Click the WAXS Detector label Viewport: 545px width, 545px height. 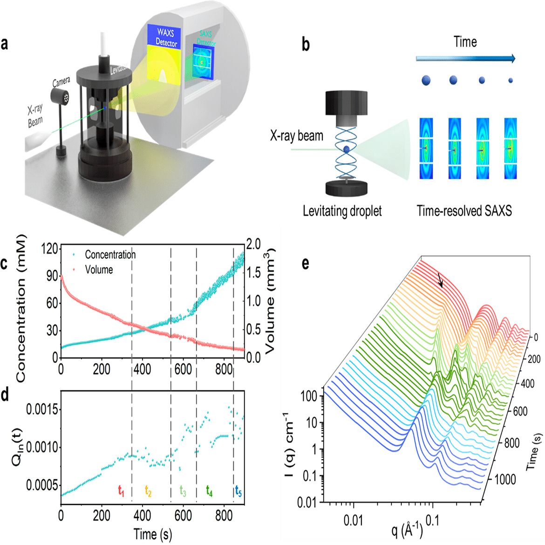(166, 37)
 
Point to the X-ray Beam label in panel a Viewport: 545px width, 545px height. (35, 116)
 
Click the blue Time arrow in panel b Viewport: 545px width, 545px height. (465, 58)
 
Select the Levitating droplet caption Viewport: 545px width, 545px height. (342, 211)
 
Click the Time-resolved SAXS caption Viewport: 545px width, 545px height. (464, 211)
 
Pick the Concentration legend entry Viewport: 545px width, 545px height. (110, 255)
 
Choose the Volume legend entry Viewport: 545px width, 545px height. (99, 270)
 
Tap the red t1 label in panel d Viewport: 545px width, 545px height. (121, 490)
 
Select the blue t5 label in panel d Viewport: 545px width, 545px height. (238, 490)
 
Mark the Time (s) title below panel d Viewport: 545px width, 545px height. (152, 534)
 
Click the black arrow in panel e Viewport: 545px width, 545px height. (440, 280)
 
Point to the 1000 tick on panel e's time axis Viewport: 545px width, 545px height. (505, 479)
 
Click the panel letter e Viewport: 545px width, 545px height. (306, 264)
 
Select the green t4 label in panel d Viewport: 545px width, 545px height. (209, 490)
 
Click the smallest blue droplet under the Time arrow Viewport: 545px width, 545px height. (511, 81)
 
